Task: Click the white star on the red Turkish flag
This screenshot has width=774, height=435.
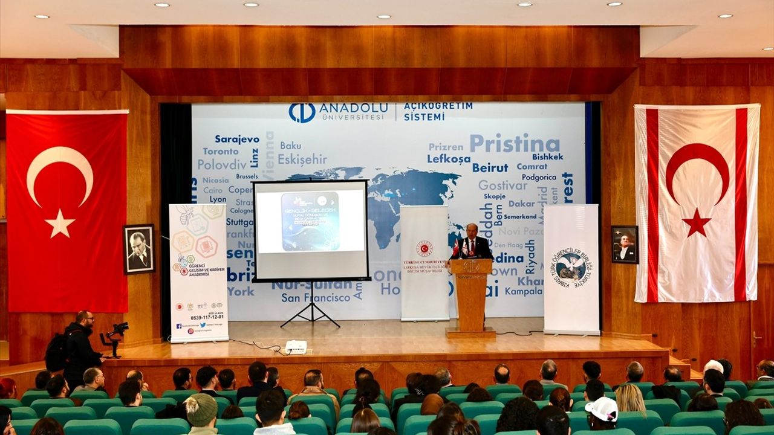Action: [60, 224]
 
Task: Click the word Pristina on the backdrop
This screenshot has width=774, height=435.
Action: [515, 144]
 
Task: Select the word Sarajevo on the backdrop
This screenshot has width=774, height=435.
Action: [236, 139]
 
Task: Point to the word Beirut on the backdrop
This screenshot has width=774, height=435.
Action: [490, 167]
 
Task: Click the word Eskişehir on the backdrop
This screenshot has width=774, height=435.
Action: [302, 159]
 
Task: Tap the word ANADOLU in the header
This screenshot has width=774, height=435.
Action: [353, 108]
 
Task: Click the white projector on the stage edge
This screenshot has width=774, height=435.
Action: [296, 347]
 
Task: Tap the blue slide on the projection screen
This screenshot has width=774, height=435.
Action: [310, 221]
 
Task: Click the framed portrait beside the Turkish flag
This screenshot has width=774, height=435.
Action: [138, 249]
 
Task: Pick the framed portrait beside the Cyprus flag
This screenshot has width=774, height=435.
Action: [624, 245]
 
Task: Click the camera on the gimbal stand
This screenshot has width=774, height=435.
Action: [117, 330]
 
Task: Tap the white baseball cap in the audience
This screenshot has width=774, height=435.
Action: [602, 408]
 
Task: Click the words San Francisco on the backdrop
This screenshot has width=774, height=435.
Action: [316, 298]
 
